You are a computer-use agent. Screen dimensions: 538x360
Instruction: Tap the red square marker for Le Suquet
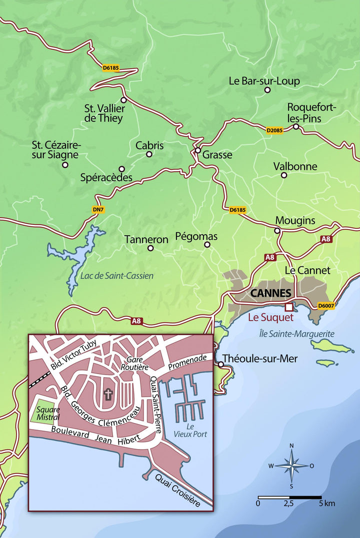[288, 307]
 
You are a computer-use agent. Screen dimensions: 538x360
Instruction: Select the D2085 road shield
[275, 130]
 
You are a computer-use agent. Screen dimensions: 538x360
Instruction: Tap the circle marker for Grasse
[198, 150]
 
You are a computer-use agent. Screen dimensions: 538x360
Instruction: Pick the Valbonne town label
[295, 166]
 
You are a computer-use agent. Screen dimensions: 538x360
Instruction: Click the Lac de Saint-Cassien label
[116, 275]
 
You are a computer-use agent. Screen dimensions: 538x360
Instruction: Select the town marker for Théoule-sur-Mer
[220, 364]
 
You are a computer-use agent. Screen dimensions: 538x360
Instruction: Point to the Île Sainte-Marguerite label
[296, 334]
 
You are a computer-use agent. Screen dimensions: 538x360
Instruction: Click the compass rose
[291, 466]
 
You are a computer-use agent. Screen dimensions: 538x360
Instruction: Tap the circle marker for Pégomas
[207, 245]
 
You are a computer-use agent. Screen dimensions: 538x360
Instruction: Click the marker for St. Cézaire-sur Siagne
[65, 164]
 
